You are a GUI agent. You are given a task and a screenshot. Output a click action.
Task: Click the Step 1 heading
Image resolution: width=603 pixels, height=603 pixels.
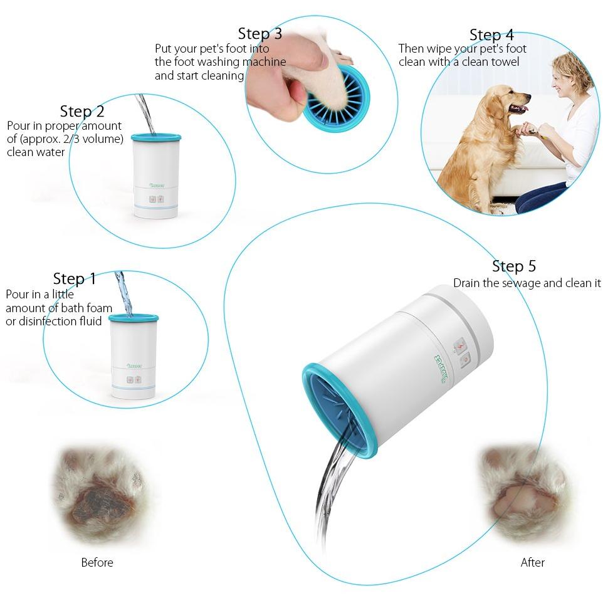[x=74, y=279]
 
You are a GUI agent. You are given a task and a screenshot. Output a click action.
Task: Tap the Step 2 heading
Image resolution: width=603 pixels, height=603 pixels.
[x=82, y=111]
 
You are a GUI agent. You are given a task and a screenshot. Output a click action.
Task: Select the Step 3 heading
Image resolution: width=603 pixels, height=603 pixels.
[x=260, y=33]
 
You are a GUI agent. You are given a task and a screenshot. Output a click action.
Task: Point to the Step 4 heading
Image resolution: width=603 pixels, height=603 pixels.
[x=491, y=34]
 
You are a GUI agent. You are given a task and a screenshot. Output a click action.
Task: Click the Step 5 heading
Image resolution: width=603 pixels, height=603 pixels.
[x=514, y=266]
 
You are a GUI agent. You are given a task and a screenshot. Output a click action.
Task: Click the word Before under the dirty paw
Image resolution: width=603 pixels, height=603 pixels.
[x=97, y=563]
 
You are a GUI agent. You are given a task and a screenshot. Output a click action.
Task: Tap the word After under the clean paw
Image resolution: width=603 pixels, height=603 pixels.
[x=533, y=563]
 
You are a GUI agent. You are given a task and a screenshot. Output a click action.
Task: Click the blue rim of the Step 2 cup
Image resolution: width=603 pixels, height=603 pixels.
[x=155, y=137]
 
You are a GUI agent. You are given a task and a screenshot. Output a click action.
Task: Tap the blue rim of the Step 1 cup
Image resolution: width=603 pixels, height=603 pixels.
[x=134, y=318]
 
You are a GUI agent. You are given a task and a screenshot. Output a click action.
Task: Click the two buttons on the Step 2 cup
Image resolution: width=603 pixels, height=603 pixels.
[x=157, y=199]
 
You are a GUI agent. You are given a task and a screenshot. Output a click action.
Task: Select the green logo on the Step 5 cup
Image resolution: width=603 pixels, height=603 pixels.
[x=442, y=369]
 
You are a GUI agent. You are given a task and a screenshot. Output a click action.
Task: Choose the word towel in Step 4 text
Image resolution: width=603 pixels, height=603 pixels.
[x=504, y=61]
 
